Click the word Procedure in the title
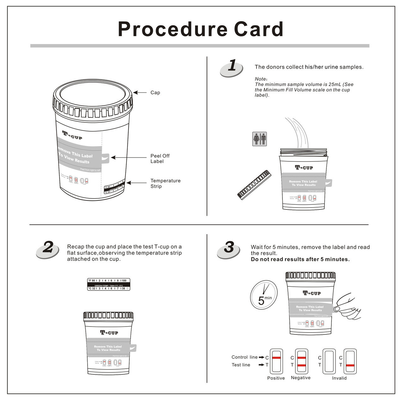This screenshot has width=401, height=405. tap(172, 29)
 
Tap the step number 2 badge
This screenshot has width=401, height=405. tap(48, 249)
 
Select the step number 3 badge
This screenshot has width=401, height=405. tap(229, 249)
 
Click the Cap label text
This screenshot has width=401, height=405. tap(155, 93)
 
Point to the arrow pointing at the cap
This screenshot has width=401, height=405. tap(139, 93)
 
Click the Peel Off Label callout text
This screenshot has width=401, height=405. tap(160, 159)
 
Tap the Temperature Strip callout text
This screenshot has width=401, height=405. tap(165, 184)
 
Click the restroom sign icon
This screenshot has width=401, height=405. tap(259, 139)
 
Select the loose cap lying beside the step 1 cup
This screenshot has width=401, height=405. tap(254, 185)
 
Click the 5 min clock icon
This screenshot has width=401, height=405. tap(264, 295)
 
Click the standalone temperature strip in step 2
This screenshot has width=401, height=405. tap(108, 284)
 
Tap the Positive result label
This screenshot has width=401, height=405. tap(276, 378)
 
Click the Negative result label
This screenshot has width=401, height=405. tap(300, 378)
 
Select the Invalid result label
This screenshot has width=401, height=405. tap(339, 378)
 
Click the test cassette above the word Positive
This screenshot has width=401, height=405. tap(276, 361)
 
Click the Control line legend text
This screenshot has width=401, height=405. tap(244, 357)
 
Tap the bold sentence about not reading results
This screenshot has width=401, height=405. tap(300, 259)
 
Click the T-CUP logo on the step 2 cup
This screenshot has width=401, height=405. tap(109, 333)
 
